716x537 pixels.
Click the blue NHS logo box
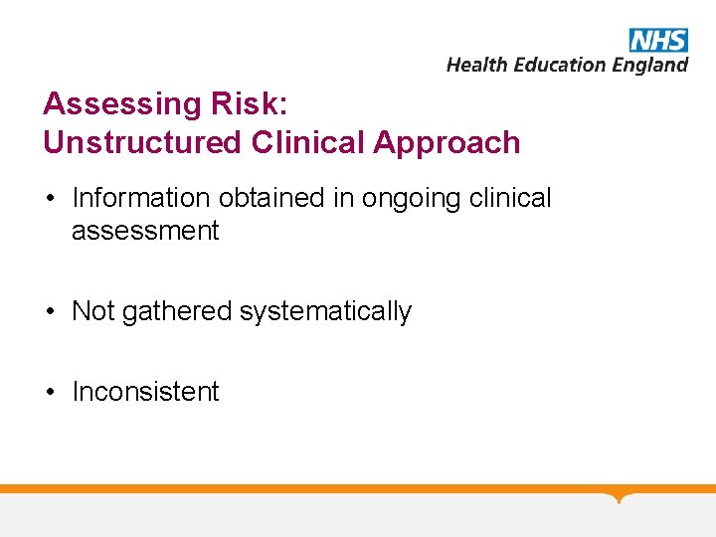click(658, 40)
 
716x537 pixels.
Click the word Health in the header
click(475, 65)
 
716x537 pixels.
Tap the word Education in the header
click(558, 65)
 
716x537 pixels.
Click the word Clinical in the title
click(308, 142)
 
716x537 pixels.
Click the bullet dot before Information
click(50, 199)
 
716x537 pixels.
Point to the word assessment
click(145, 231)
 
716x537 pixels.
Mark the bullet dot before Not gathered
click(50, 312)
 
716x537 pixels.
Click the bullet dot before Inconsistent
click(50, 392)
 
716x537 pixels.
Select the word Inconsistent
click(145, 392)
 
